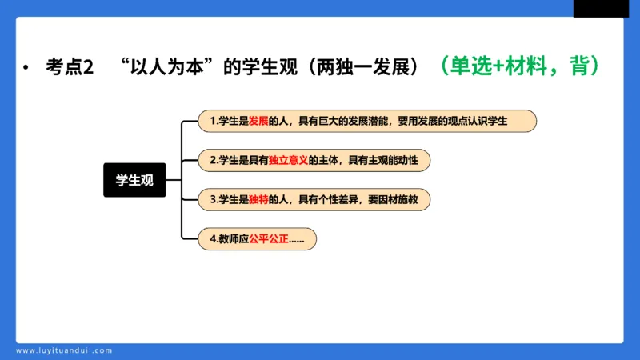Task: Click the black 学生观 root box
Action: (134, 180)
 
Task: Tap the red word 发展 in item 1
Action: (258, 121)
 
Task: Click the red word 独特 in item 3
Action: (258, 199)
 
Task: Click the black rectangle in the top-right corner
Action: (601, 8)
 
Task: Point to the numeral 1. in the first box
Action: (213, 121)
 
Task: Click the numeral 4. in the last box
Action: (213, 238)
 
